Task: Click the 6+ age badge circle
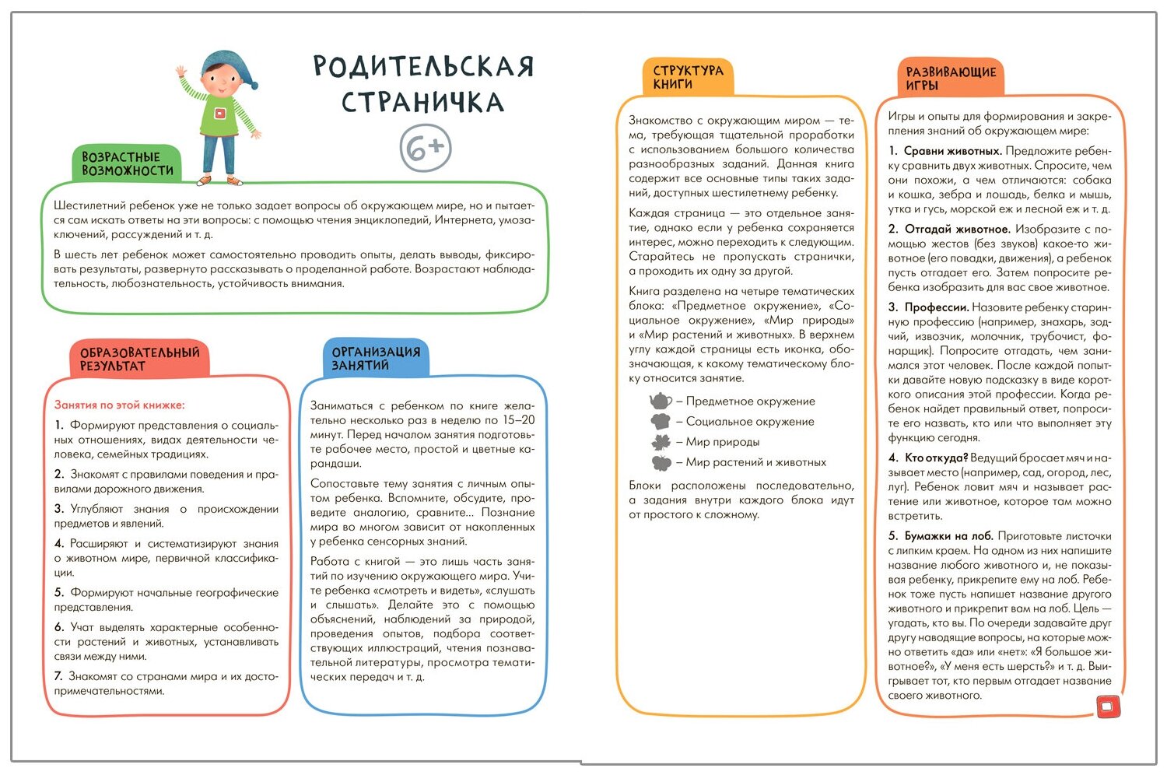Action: click(x=426, y=148)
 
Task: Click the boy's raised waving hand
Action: click(x=183, y=74)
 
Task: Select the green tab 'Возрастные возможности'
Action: click(x=127, y=163)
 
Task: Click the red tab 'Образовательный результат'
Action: click(x=139, y=359)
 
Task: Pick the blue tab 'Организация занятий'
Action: click(x=376, y=358)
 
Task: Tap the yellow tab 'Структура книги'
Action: click(x=688, y=77)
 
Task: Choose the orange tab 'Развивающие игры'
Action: click(x=950, y=79)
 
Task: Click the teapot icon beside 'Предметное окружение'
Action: click(x=661, y=401)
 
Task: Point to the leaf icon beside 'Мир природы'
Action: click(x=661, y=442)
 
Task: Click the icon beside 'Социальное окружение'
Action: click(x=661, y=422)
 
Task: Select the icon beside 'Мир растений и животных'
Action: click(x=661, y=463)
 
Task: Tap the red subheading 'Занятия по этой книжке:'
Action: click(x=119, y=405)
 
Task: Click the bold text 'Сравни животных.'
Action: click(x=952, y=151)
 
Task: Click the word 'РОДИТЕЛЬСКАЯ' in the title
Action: click(x=423, y=67)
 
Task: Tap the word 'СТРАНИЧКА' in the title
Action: click(x=422, y=102)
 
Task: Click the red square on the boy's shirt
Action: click(x=220, y=113)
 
